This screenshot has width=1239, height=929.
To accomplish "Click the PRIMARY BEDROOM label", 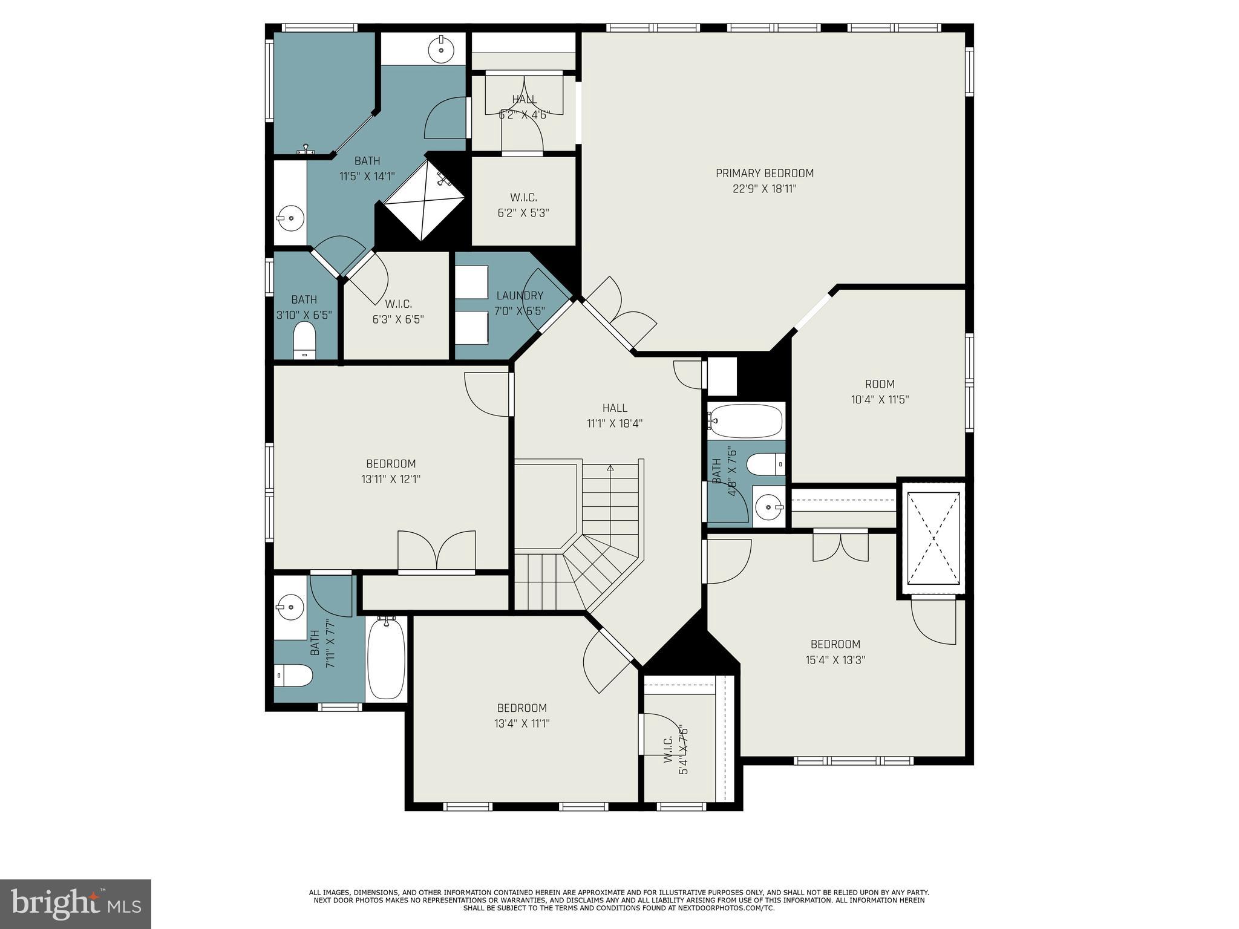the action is point(765,174).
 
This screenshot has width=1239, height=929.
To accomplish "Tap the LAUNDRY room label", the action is point(520,296).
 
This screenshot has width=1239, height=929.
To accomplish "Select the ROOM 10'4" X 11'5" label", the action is point(880,392).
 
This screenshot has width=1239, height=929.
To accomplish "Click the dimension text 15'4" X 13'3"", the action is point(835,660).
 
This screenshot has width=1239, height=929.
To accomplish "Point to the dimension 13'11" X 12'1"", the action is point(391,480).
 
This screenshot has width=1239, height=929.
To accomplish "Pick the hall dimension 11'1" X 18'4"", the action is point(615,423).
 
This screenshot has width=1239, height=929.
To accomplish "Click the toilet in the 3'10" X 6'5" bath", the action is point(304,341).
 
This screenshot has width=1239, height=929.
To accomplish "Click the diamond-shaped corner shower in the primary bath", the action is point(425,199).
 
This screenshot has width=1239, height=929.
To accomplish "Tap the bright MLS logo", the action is point(76,904).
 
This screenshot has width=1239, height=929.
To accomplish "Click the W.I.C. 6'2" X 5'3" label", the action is point(523,205).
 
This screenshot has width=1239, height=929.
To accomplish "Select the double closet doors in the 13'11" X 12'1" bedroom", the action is point(436,551).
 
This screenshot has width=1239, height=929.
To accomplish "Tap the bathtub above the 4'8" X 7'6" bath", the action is point(746,421).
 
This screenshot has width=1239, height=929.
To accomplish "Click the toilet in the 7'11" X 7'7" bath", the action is point(293,676).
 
